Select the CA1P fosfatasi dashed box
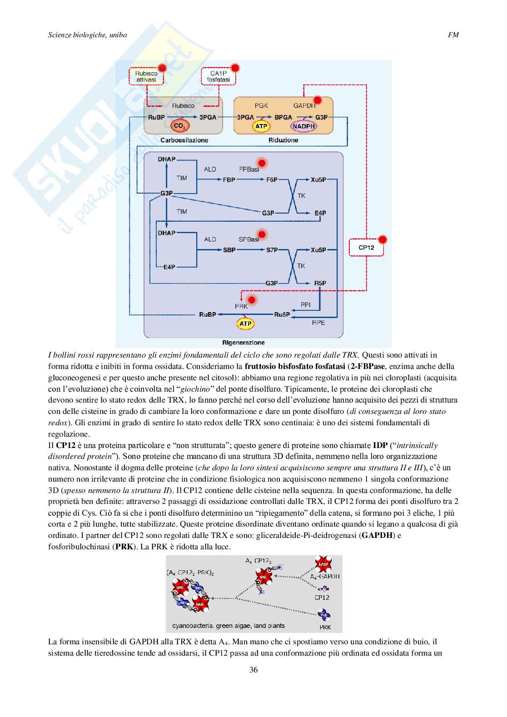pos(220,76)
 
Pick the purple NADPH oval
pos(303,126)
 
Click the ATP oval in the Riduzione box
pos(261,126)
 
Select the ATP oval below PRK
pos(245,324)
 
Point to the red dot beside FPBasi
pos(261,163)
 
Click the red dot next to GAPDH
pos(318,100)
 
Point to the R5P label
pos(320,283)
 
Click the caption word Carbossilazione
pos(184,140)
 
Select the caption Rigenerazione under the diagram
pos(244,343)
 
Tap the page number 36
pos(253,669)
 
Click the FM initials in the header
pos(453,35)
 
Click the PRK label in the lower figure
pos(325,627)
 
